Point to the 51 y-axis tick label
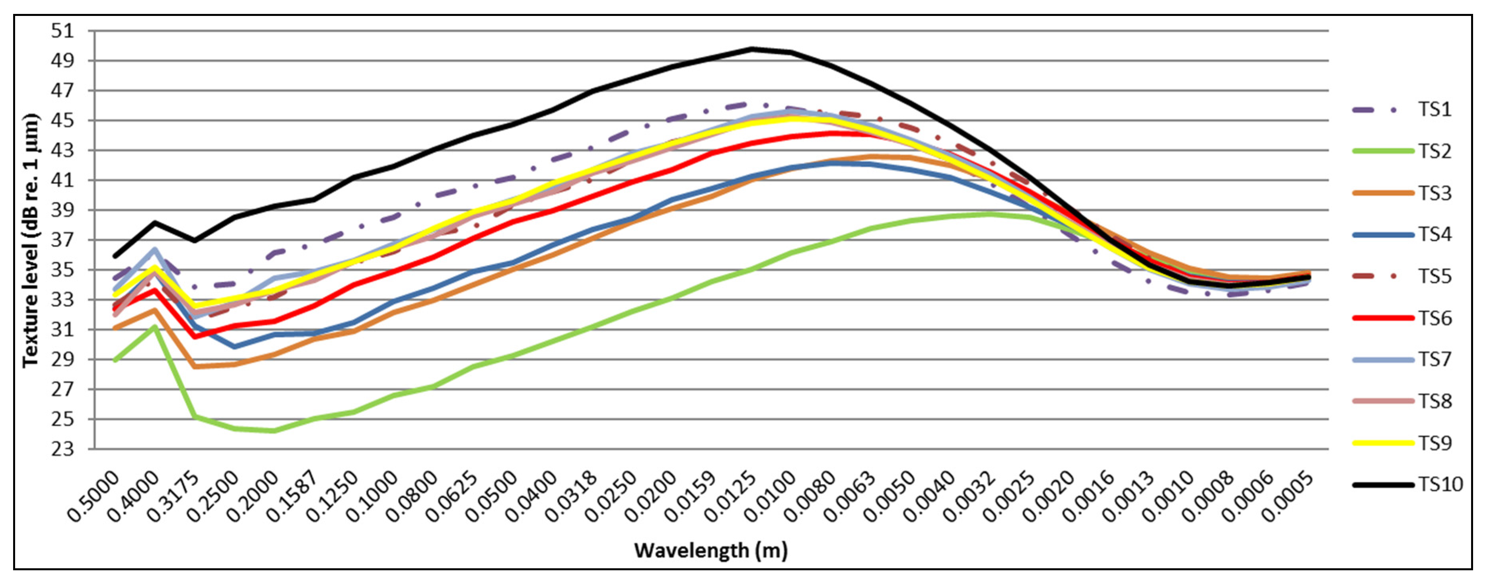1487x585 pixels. (x=64, y=31)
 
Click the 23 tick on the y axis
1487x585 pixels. (x=64, y=449)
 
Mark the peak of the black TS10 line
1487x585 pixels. (x=751, y=49)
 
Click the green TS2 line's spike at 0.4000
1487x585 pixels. (x=155, y=326)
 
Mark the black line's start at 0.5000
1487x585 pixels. (x=115, y=255)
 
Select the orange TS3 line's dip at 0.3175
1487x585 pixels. (x=195, y=366)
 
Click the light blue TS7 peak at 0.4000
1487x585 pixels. (x=155, y=250)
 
